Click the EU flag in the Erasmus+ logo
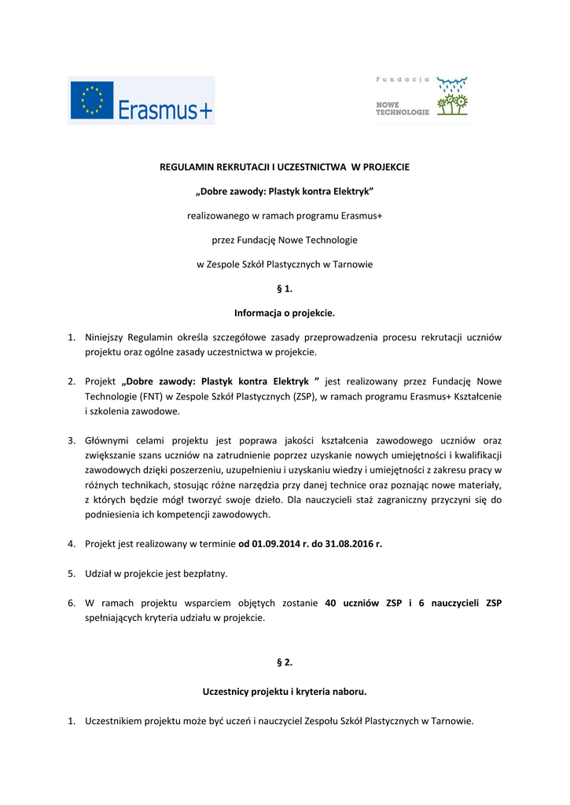[x=92, y=101]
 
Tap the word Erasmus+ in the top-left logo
[x=165, y=110]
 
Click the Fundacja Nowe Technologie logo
[x=421, y=97]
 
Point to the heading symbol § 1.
[x=285, y=289]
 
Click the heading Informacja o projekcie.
[x=285, y=313]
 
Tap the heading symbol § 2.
[x=285, y=662]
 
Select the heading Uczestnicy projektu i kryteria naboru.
[x=285, y=692]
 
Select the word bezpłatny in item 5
[x=203, y=573]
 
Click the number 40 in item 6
[x=330, y=603]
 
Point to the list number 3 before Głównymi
[x=71, y=440]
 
